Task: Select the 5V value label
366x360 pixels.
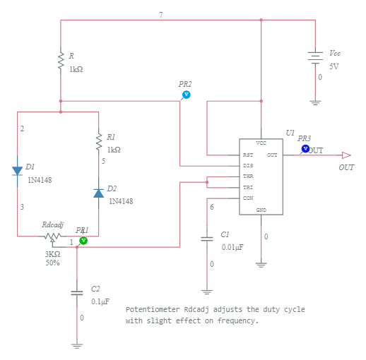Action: coord(334,66)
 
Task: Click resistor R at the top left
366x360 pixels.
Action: coord(61,61)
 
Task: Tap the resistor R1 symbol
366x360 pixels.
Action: coord(98,143)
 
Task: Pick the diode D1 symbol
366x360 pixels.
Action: coord(17,170)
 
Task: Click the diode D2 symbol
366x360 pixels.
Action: coord(98,193)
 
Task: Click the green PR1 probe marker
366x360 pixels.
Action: coord(83,241)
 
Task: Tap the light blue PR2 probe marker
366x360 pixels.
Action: coord(187,94)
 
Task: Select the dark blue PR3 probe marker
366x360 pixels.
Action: coord(305,149)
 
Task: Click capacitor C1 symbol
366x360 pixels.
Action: coord(207,239)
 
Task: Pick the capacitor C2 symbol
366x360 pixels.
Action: coord(77,292)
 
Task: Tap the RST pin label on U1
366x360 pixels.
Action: coord(248,155)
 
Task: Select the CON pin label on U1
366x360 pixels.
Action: coord(248,198)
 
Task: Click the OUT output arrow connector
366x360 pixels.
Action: coord(346,155)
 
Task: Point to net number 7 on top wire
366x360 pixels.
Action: coord(160,15)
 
